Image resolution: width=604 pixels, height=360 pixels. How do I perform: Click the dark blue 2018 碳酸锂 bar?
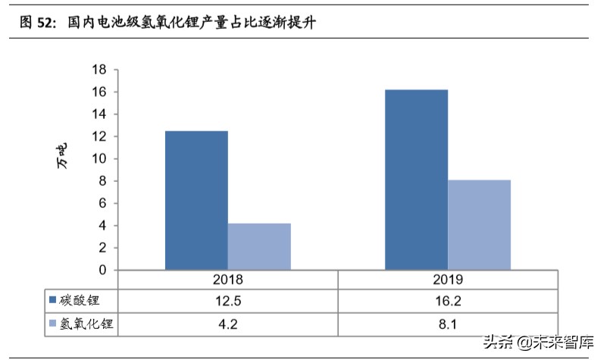[196, 200]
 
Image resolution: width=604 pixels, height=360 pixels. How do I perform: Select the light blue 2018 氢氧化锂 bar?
[259, 246]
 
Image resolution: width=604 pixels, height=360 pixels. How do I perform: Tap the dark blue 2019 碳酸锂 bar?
[416, 180]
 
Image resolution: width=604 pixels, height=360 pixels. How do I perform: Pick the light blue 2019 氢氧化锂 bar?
[479, 224]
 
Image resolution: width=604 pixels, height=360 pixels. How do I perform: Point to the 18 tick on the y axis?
[99, 70]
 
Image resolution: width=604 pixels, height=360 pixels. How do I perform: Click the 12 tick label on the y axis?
[99, 136]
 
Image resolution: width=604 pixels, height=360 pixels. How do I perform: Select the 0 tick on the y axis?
[102, 270]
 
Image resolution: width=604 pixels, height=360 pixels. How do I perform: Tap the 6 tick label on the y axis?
[102, 203]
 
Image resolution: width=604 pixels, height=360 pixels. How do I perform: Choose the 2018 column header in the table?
[228, 279]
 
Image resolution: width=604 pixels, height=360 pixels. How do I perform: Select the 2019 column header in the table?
[448, 279]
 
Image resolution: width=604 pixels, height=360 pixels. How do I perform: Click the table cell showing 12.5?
[228, 301]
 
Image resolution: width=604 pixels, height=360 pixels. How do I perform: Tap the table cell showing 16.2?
[448, 301]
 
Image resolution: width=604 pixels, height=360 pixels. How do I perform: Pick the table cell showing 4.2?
[228, 324]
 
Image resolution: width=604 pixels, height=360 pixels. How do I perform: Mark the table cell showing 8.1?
[448, 324]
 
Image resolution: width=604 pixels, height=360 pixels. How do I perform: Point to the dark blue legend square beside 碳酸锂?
[52, 301]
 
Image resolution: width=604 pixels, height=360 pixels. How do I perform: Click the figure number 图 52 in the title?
[36, 23]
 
